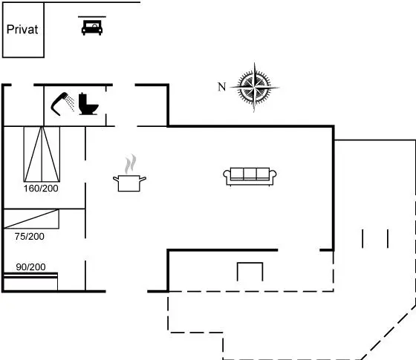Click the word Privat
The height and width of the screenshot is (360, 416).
coord(22,30)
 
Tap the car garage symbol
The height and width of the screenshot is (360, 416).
coord(92,26)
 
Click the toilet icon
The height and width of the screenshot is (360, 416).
coord(88,104)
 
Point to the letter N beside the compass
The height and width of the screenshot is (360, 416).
coord(222,87)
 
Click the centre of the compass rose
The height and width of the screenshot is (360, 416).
coord(254,87)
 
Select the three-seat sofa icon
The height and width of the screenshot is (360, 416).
coord(250,177)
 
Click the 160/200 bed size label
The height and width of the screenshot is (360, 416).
coord(41,189)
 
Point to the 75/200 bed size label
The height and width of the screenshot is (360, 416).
coord(30,237)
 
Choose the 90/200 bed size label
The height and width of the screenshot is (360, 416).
coord(30,267)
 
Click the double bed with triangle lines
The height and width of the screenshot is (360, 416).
coord(42,154)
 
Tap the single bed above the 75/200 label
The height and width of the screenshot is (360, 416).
coord(31,219)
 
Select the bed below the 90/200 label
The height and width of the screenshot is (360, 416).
coord(30,281)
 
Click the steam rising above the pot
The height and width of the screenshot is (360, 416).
coord(131,164)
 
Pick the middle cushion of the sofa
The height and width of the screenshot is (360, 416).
coord(250,174)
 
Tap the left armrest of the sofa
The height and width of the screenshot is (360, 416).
coord(227,176)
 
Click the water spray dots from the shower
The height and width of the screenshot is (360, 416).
coord(71,103)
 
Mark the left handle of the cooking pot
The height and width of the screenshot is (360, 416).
coord(116,179)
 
